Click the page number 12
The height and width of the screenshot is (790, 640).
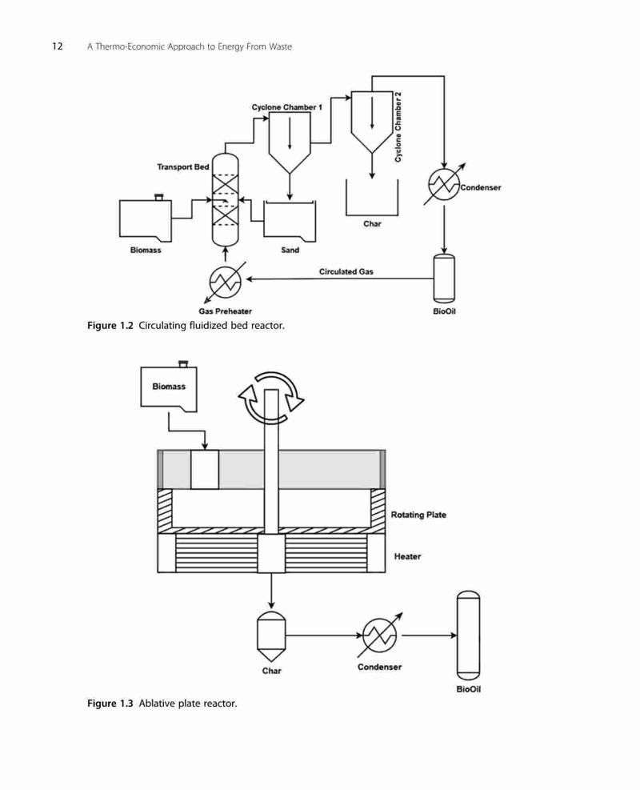coord(58,46)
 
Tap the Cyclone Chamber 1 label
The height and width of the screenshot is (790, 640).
coord(286,107)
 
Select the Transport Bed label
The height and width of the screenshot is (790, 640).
coord(182,166)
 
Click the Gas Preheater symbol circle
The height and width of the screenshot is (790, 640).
coord(225,281)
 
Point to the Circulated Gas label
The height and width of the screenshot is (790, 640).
coord(346,271)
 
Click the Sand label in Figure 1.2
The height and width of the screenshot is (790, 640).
coord(290,250)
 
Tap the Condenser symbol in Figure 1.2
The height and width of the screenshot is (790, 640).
coord(444,184)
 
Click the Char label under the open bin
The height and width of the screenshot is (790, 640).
coord(372,223)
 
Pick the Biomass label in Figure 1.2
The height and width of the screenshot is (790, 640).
coord(146,250)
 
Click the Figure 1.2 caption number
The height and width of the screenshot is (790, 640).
coord(110,326)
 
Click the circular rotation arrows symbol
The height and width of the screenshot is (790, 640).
coord(271,398)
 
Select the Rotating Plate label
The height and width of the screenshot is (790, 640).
coord(418,515)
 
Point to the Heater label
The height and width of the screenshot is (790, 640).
coord(407,556)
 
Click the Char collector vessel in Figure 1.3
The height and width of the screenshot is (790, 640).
coord(271,636)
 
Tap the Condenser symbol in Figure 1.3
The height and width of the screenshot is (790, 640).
coord(380,636)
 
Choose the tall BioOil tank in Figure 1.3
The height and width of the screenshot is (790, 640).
coord(468,636)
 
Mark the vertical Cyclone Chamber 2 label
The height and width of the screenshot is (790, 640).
coord(398,127)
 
